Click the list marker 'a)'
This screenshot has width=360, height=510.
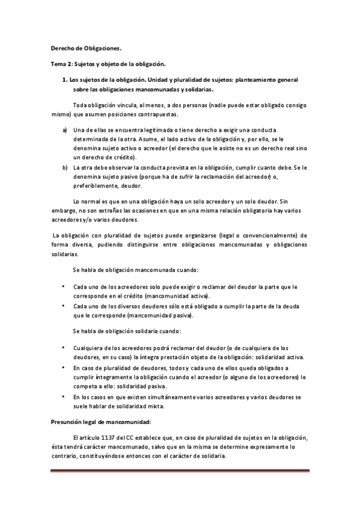(x=64, y=131)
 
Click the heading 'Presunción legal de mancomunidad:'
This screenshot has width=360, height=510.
(x=100, y=422)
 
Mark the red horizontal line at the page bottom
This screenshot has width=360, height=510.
(x=180, y=471)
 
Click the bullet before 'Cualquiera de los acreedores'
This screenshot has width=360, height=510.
(x=63, y=347)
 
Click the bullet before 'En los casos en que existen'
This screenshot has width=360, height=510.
(x=63, y=397)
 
